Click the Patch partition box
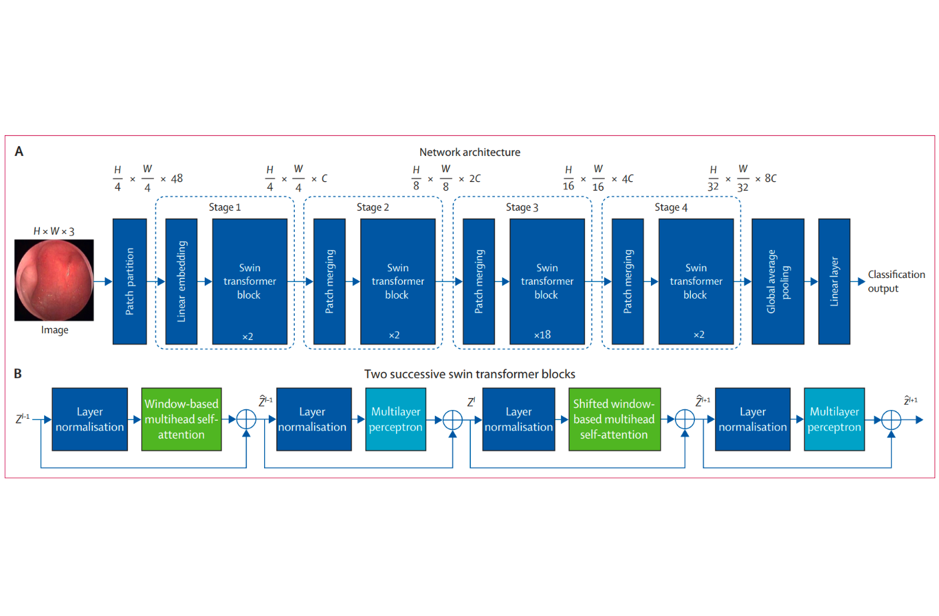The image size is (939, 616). click(x=129, y=281)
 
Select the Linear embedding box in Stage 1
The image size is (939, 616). click(x=181, y=281)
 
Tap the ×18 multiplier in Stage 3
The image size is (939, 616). click(x=542, y=335)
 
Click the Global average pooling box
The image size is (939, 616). click(x=778, y=281)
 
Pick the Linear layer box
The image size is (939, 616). click(x=834, y=281)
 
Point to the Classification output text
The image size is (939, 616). click(x=896, y=281)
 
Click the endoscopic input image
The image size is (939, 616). click(x=54, y=281)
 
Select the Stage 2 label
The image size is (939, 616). click(x=373, y=207)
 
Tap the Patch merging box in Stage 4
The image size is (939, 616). click(x=628, y=281)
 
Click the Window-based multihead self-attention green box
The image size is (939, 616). click(x=181, y=419)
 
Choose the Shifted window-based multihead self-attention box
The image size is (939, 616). click(x=614, y=419)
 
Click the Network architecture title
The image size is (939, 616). click(x=469, y=152)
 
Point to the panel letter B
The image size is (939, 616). click(x=18, y=373)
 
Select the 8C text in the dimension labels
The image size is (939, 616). click(x=770, y=179)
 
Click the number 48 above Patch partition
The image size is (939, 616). click(x=177, y=179)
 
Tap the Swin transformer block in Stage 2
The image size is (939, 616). click(x=398, y=281)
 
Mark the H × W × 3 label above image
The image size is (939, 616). click(x=54, y=231)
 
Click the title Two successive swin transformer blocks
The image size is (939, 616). click(x=469, y=374)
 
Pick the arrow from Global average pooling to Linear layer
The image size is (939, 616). click(x=811, y=281)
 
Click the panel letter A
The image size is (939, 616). click(x=19, y=151)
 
